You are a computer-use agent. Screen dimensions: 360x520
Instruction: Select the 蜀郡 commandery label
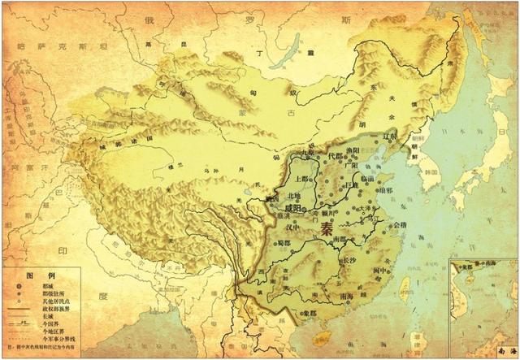tap(283, 241)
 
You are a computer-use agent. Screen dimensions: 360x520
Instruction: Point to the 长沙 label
tap(350, 261)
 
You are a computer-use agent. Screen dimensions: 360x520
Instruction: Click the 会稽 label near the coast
tap(399, 225)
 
